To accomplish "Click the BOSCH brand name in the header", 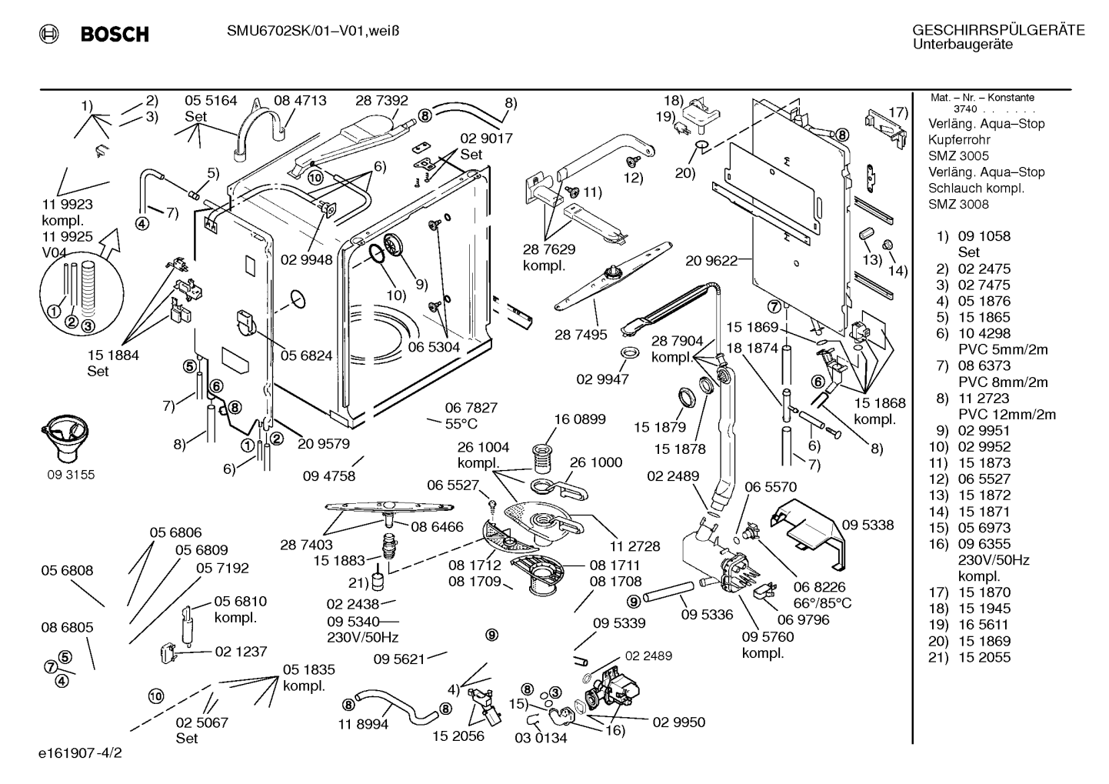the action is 115,34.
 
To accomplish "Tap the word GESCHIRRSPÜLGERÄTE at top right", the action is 998,30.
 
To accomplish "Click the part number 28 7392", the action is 381,101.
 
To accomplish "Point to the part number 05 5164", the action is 211,101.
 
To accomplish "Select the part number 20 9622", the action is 711,261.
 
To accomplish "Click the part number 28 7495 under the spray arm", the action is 581,335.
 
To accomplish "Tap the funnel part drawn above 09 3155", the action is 65,435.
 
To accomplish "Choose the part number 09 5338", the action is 868,525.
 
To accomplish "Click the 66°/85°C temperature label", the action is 822,603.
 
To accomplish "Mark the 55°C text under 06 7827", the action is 461,424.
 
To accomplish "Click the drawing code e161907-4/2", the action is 80,753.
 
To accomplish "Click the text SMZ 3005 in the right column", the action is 958,156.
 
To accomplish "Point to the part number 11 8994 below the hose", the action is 364,725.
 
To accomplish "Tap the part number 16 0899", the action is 580,419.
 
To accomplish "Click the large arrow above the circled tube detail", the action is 107,243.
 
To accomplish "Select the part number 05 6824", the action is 306,355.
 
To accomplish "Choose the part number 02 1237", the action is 241,652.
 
